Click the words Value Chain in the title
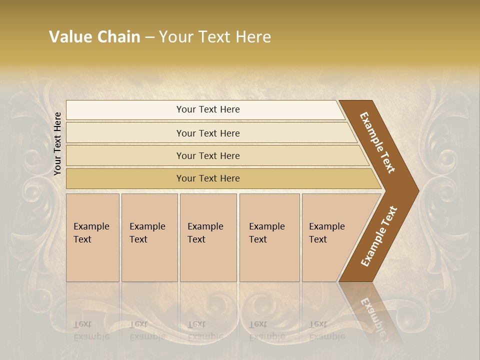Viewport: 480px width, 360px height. [94, 37]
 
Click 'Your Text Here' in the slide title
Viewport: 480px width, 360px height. [215, 37]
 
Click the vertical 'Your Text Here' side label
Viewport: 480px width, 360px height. [58, 143]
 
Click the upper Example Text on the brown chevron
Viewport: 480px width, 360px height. [377, 142]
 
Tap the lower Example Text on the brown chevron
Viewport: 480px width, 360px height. [378, 236]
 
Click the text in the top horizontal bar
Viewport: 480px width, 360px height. [208, 109]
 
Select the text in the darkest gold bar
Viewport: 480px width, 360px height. [208, 178]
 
